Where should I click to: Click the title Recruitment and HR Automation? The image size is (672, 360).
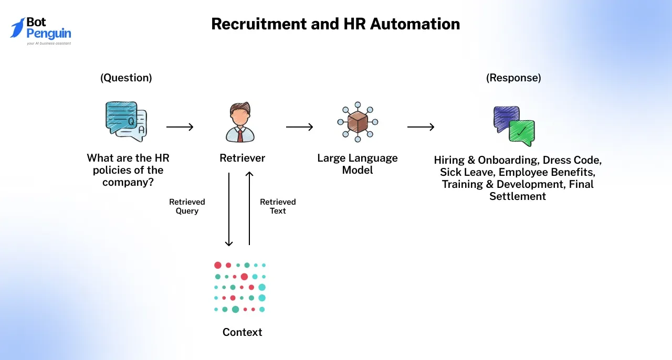click(335, 24)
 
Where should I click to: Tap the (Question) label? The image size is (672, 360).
click(126, 78)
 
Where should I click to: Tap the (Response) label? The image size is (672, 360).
click(513, 78)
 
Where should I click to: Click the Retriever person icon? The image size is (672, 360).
click(240, 123)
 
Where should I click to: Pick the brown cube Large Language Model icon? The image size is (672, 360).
click(358, 121)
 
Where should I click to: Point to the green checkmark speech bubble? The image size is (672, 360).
click(521, 133)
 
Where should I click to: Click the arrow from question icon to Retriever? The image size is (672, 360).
click(180, 127)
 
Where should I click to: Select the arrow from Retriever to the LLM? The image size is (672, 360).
click(299, 127)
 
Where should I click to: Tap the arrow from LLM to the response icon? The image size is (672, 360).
click(421, 127)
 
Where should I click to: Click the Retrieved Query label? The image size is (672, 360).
click(187, 206)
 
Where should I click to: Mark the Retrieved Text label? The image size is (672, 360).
click(278, 206)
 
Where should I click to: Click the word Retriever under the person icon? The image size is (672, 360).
click(242, 158)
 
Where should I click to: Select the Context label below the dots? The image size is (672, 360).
click(242, 332)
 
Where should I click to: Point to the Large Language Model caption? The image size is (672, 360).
click(358, 164)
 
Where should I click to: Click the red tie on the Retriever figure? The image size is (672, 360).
click(240, 135)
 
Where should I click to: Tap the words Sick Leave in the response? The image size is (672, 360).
click(467, 172)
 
